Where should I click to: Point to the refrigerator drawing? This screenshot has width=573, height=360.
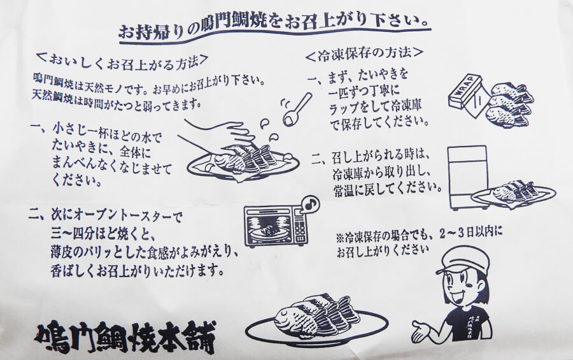coord(468,177)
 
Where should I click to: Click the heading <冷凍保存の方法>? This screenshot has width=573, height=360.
coord(364,54)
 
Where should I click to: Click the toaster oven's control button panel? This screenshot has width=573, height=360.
coord(300,229)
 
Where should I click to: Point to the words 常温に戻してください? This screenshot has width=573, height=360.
coord(387,189)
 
